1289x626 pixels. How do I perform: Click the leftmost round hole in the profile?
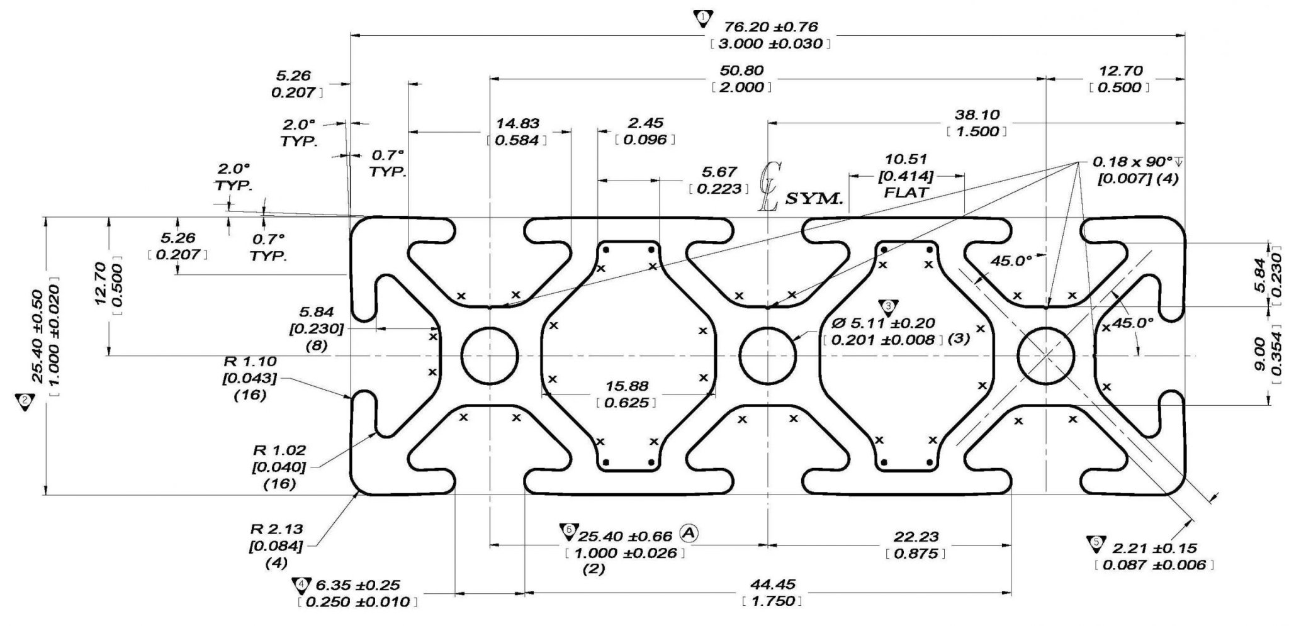coord(490,355)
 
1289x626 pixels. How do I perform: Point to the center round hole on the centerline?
coord(767,355)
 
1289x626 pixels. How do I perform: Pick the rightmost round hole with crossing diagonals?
coord(1045,355)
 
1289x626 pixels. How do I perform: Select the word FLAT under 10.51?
coord(906,193)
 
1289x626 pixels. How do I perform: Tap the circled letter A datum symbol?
coord(689,533)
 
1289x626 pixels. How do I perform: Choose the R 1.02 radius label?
coord(279,450)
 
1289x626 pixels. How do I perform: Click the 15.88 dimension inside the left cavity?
coord(628,386)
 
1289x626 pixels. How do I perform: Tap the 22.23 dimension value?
coord(916,537)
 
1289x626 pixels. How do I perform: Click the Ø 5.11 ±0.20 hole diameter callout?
coord(892,323)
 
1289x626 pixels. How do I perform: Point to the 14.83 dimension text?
coord(517,124)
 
